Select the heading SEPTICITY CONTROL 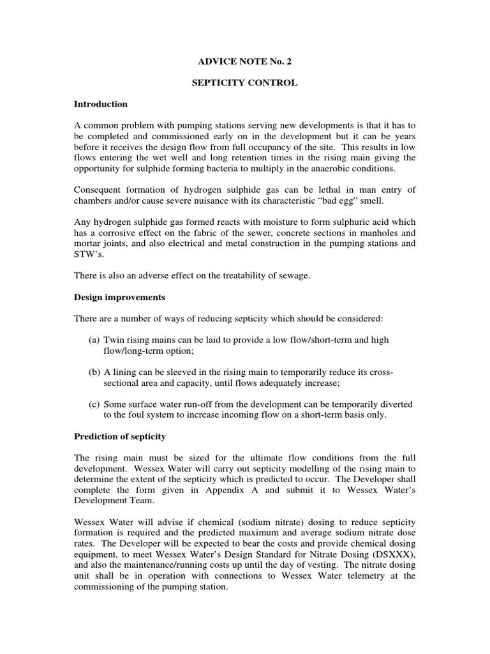point(245,82)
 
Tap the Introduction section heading point(101,104)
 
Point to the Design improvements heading point(119,297)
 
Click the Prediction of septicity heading point(120,436)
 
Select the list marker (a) point(94,340)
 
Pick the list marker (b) point(94,372)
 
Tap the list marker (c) point(94,404)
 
